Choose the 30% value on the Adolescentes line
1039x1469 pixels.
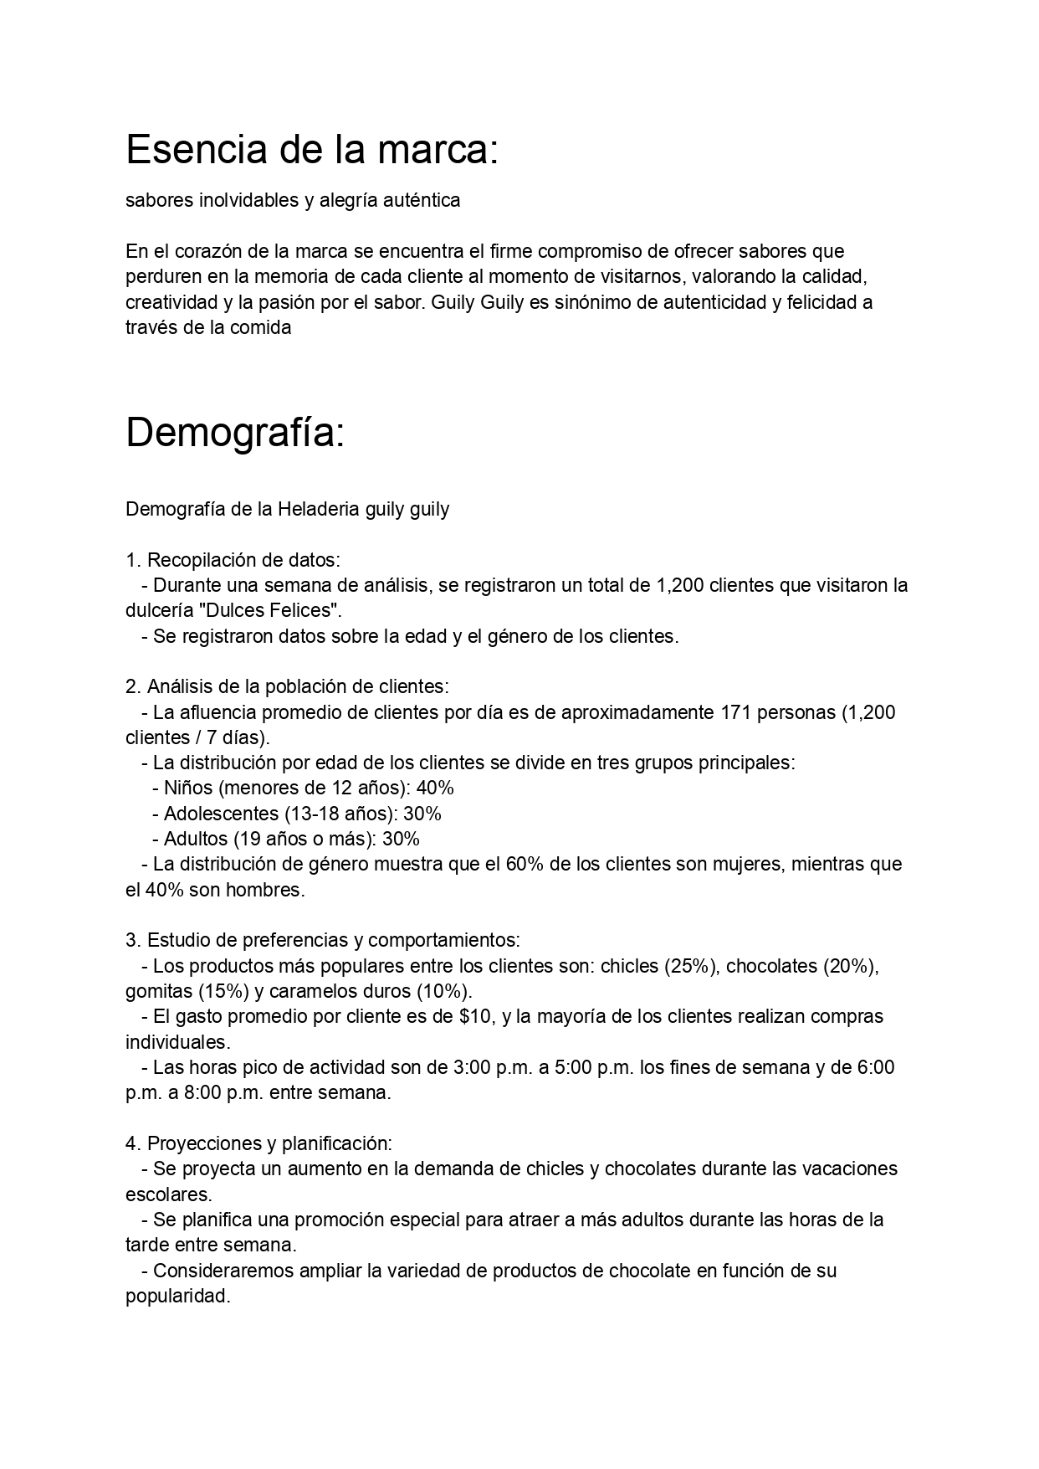[422, 814]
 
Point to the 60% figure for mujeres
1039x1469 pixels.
[525, 864]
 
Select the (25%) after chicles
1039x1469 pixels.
[691, 966]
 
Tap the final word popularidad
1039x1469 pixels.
[177, 1296]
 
